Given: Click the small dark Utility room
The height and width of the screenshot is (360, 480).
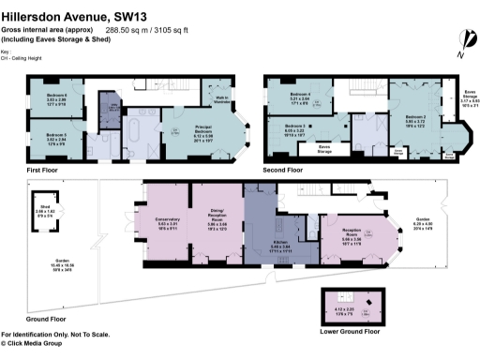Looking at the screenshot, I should coord(111,106).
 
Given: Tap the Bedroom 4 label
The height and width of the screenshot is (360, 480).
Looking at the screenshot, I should coord(300,97).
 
